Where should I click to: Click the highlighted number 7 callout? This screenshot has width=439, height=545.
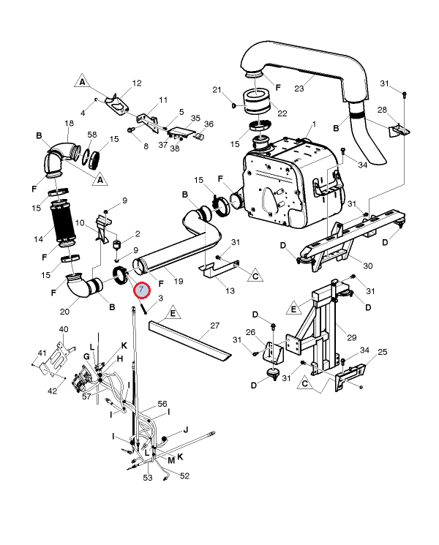(140, 290)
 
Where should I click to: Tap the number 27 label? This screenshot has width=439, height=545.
(215, 325)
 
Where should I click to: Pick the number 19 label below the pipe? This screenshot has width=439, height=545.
(178, 281)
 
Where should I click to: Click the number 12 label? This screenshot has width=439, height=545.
(137, 83)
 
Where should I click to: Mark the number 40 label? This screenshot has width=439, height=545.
(64, 329)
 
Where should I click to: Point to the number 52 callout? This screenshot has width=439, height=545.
(184, 476)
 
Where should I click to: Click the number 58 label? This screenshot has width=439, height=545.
(92, 135)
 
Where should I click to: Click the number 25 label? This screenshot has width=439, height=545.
(382, 353)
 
